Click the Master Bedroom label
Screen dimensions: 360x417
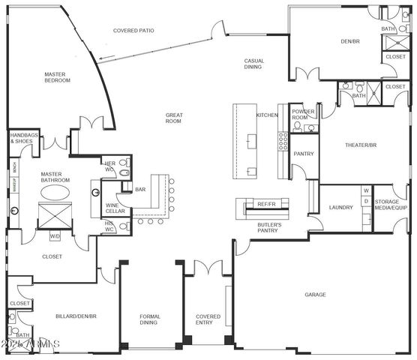[x=57, y=76]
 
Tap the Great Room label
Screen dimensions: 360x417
[x=174, y=118]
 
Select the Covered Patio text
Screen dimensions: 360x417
[x=133, y=31]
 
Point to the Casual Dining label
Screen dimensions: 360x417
[x=253, y=64]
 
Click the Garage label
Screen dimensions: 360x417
[x=315, y=295]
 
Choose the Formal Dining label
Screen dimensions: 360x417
[x=149, y=320]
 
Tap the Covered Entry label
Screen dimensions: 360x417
[x=208, y=320]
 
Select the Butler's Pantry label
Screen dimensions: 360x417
[x=268, y=227]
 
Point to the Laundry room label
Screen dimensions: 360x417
[x=340, y=207]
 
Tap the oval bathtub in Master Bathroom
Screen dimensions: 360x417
[x=56, y=193]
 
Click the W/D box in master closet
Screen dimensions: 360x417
[x=55, y=237]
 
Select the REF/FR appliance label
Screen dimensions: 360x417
[x=267, y=203]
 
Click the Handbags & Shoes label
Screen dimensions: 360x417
[x=21, y=139]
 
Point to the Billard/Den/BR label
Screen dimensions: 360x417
[x=76, y=316]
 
